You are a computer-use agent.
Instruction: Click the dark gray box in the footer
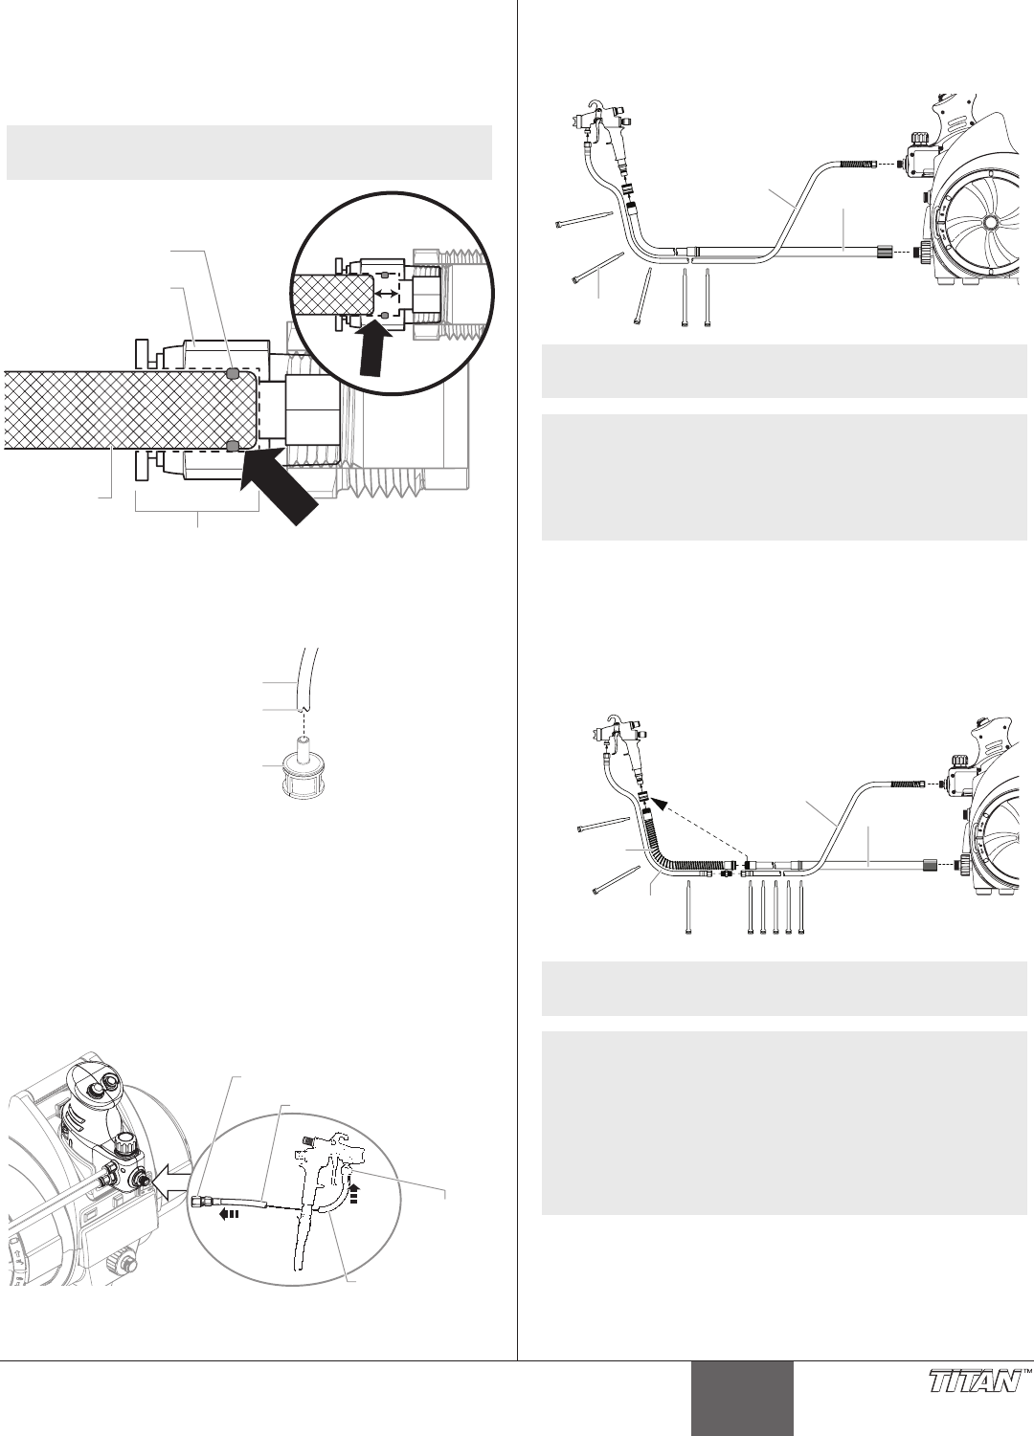click(x=742, y=1398)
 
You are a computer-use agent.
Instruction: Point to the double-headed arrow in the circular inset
click(x=386, y=294)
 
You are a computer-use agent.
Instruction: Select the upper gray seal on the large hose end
click(x=234, y=372)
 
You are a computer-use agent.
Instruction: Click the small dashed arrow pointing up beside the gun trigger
click(x=354, y=1190)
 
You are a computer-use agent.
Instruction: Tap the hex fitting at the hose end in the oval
click(x=199, y=1198)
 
